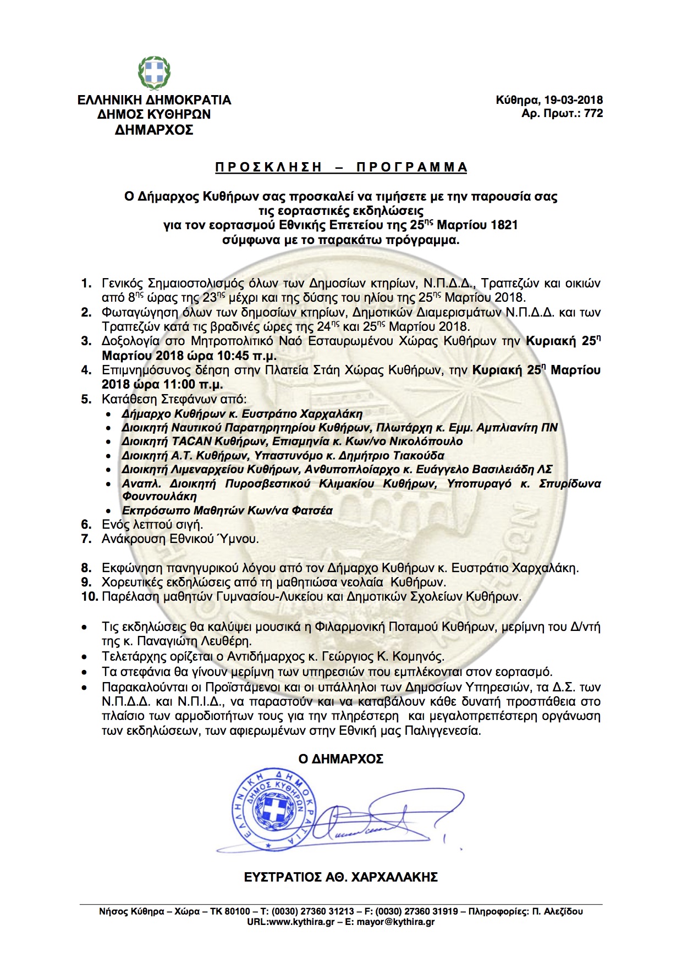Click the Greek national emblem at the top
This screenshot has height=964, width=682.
click(x=154, y=73)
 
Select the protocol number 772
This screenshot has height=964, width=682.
click(x=593, y=114)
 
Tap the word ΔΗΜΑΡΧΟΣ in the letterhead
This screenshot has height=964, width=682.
click(x=154, y=130)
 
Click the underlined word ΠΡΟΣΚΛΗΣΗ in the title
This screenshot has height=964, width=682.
click(x=268, y=167)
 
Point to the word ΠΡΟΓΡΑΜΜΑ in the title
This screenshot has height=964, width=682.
click(x=412, y=167)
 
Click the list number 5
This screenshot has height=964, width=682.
click(x=86, y=399)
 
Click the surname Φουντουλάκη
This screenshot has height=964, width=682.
click(x=159, y=496)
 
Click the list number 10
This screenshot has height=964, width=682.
click(x=89, y=596)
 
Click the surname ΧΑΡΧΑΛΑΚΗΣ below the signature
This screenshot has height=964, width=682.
click(x=394, y=877)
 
